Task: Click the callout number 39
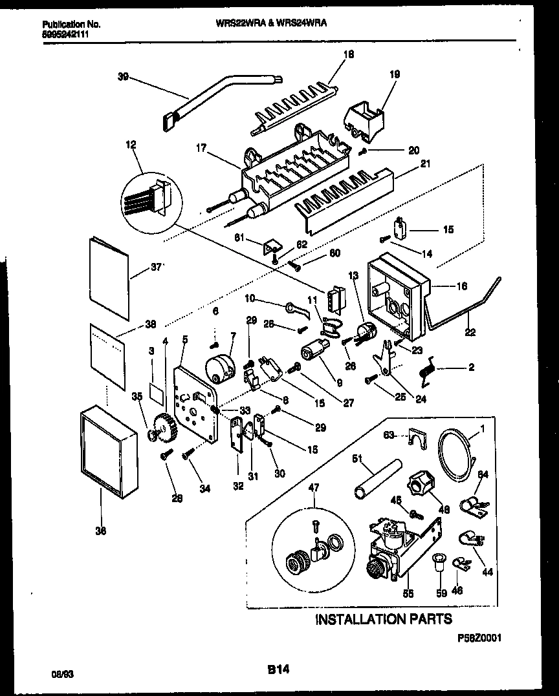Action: pyautogui.click(x=123, y=77)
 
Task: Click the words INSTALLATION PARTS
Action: pyautogui.click(x=383, y=619)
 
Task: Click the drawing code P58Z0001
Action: pyautogui.click(x=479, y=637)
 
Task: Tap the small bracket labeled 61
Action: pyautogui.click(x=272, y=246)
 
